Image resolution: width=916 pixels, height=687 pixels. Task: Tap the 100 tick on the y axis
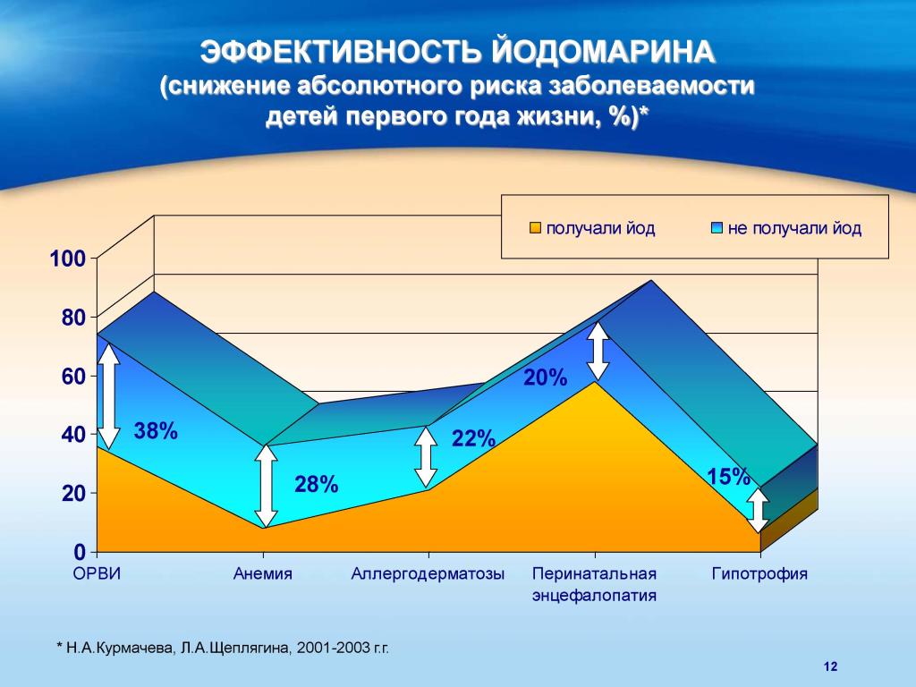pos(68,259)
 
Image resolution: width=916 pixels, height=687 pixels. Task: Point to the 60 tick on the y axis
pos(72,377)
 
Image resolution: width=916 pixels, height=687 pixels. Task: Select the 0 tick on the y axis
pos(80,551)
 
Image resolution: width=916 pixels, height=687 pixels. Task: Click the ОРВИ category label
pos(97,574)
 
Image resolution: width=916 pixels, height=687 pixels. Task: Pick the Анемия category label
pos(263,574)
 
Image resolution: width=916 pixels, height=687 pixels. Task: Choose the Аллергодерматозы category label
pos(428,574)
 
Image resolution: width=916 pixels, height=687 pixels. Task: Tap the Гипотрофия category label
pos(759,574)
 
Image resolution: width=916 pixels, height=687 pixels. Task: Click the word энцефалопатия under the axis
pos(594,595)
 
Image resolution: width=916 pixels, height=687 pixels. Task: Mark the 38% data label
pos(156,432)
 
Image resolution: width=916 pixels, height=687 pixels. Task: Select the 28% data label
pos(317,486)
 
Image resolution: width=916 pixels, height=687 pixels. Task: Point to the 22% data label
pos(473,439)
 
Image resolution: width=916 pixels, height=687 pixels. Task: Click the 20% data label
pos(546,378)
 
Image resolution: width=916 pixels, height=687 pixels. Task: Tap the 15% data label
pos(728,478)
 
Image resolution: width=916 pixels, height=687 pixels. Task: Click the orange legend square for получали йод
pos(535,228)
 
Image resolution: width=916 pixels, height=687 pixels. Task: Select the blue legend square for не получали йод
pos(717,228)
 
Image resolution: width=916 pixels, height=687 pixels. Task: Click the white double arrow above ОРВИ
pos(108,395)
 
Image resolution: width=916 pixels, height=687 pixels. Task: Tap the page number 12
pos(829,666)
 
